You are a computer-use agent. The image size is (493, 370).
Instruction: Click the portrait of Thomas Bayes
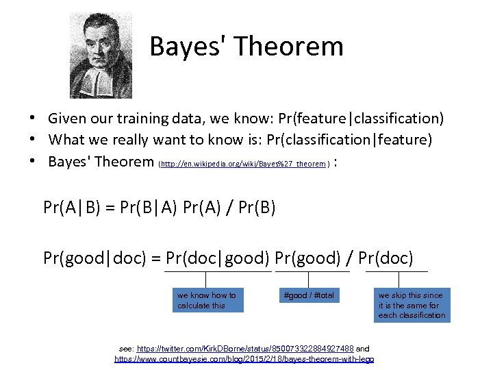pos(101,56)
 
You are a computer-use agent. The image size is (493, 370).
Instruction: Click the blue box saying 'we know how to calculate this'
pos(207,300)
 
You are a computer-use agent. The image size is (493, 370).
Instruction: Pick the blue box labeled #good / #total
pos(308,295)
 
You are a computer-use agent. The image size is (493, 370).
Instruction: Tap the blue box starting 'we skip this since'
pos(412,305)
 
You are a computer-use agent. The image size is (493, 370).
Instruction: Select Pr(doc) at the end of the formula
pos(385,258)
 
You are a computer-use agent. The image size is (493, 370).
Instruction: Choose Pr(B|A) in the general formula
pos(146,206)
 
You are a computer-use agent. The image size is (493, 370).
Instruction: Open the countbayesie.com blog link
pos(244,358)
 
